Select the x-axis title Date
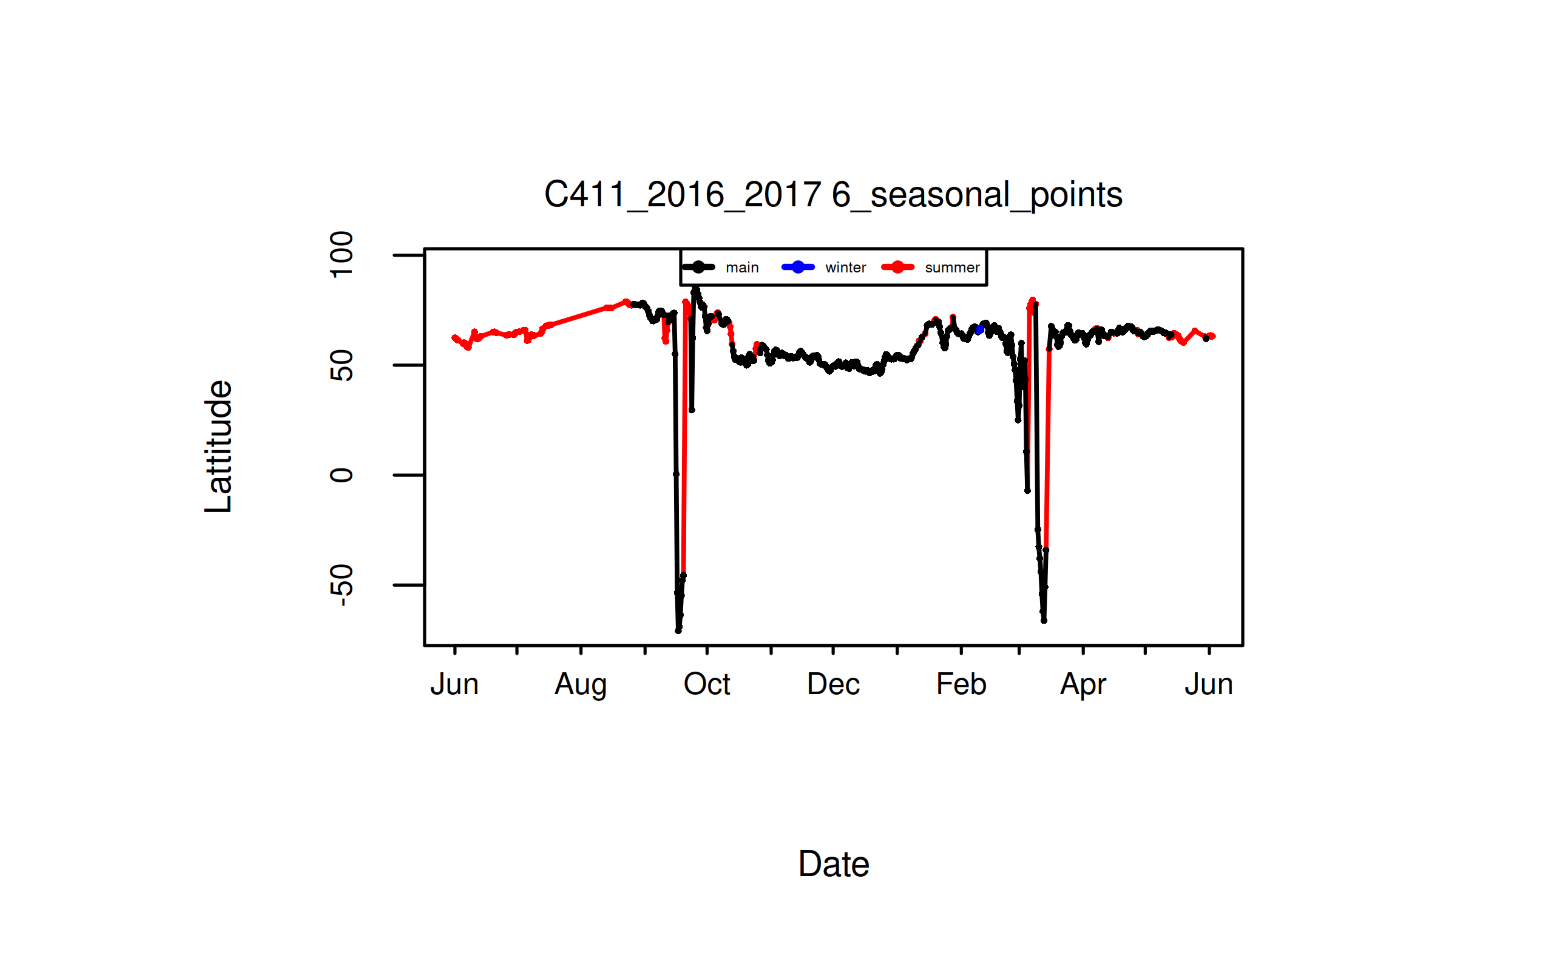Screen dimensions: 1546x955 833,863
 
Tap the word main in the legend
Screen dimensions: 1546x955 742,268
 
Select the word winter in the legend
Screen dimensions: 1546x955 845,268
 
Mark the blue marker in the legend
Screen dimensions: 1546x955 798,267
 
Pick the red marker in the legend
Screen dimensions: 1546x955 898,267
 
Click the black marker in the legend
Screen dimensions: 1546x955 698,267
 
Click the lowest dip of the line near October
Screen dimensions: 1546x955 678,630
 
